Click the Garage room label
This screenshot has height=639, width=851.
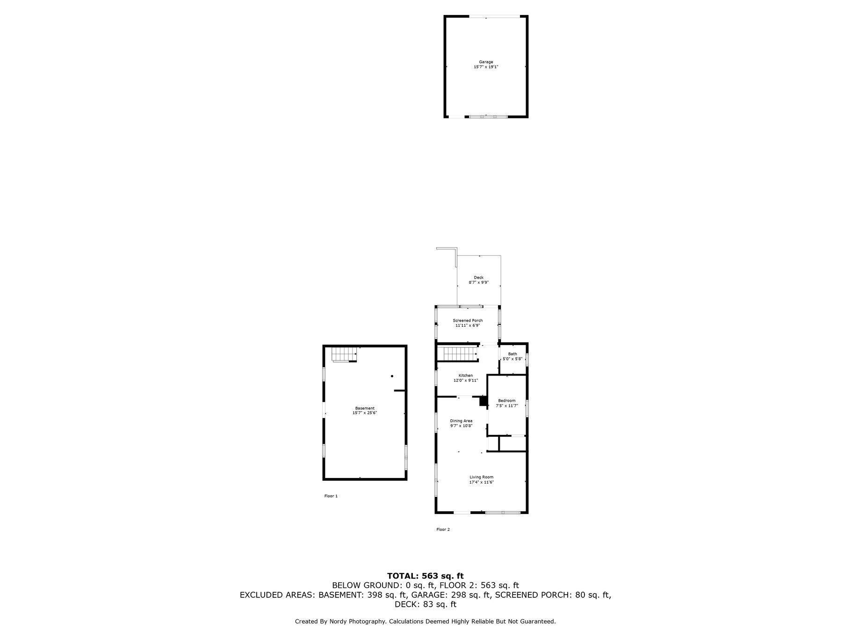pyautogui.click(x=486, y=62)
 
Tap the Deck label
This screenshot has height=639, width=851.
pyautogui.click(x=479, y=278)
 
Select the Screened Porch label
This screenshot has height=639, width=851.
pyautogui.click(x=468, y=321)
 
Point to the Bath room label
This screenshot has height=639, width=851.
pyautogui.click(x=513, y=354)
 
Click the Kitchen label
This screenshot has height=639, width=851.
pyautogui.click(x=466, y=375)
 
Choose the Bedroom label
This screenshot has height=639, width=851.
pyautogui.click(x=507, y=401)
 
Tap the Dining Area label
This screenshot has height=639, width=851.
pyautogui.click(x=461, y=421)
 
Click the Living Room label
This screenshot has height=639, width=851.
pyautogui.click(x=482, y=477)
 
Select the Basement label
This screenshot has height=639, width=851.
pyautogui.click(x=365, y=408)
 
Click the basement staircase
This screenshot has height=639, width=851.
pyautogui.click(x=345, y=354)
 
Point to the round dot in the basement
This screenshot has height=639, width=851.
pyautogui.click(x=392, y=376)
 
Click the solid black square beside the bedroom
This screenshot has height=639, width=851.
pyautogui.click(x=483, y=401)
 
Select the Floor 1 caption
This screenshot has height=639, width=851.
pyautogui.click(x=331, y=496)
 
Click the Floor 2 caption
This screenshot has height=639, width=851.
pyautogui.click(x=443, y=529)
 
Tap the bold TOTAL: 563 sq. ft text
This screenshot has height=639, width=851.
pyautogui.click(x=425, y=576)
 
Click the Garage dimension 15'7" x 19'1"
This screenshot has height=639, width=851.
pyautogui.click(x=486, y=67)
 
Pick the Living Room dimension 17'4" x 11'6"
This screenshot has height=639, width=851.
pyautogui.click(x=482, y=482)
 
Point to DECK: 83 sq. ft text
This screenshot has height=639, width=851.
pyautogui.click(x=425, y=604)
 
